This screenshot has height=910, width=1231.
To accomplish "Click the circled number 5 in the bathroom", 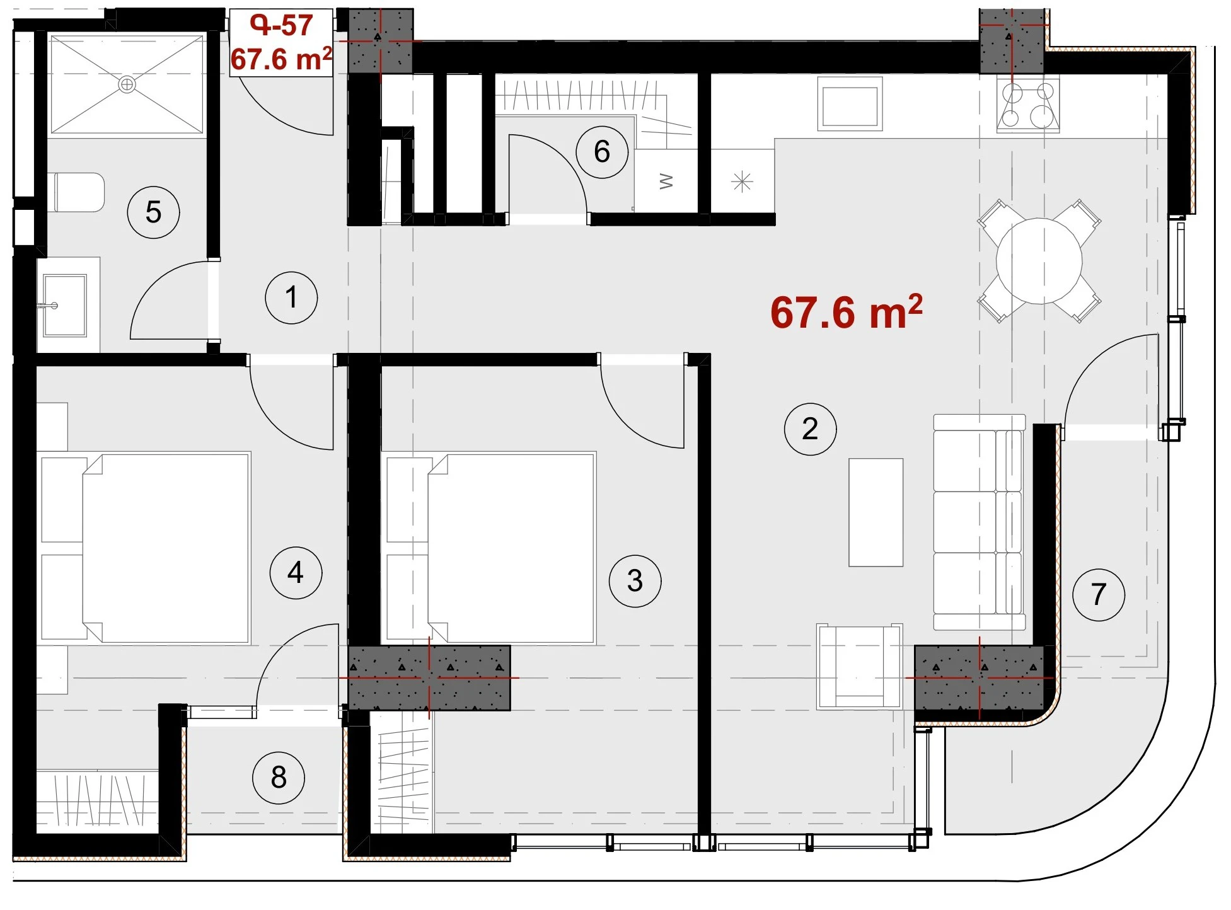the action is [153, 212].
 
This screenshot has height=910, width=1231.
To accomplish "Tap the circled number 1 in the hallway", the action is [291, 297].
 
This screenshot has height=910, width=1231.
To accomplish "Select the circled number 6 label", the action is [602, 152].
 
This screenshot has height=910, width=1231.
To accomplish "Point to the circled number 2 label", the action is [810, 429].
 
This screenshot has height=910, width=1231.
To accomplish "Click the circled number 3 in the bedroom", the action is [635, 580].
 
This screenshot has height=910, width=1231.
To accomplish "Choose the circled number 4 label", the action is [296, 573].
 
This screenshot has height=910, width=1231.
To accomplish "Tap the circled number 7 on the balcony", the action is [1099, 594].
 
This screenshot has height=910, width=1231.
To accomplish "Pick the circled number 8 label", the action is [279, 778].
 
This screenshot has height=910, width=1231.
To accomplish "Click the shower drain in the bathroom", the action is [127, 84].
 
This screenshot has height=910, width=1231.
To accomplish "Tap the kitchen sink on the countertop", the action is [850, 104].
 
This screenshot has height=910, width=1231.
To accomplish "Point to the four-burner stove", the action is [1028, 104].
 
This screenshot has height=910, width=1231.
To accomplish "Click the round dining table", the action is [1039, 261].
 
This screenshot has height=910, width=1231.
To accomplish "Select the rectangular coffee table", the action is [876, 512].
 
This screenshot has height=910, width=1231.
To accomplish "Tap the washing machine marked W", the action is [666, 181].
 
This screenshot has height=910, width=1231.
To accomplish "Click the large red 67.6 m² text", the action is [847, 313].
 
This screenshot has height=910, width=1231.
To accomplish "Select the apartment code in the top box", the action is [281, 25].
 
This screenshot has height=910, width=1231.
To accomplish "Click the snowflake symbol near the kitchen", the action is [743, 182].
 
